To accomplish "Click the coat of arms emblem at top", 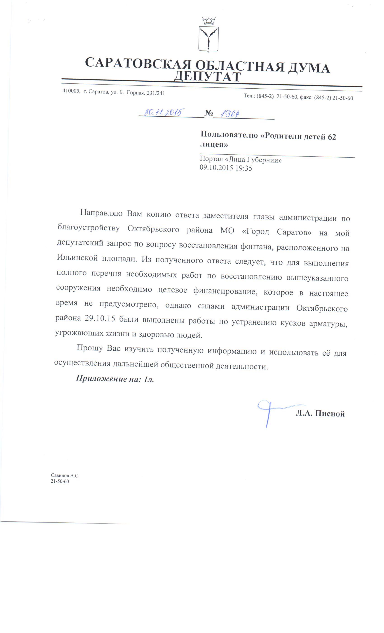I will (208, 36).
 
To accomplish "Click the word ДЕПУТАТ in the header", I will (207, 76).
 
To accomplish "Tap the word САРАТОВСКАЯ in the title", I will (138, 63).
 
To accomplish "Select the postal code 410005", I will (71, 91).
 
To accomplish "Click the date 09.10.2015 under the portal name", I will (216, 168).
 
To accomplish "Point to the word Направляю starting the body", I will (101, 213).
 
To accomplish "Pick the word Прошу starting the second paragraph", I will (90, 348).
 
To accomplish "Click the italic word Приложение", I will (101, 378).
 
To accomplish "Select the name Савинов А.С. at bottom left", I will (65, 475).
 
